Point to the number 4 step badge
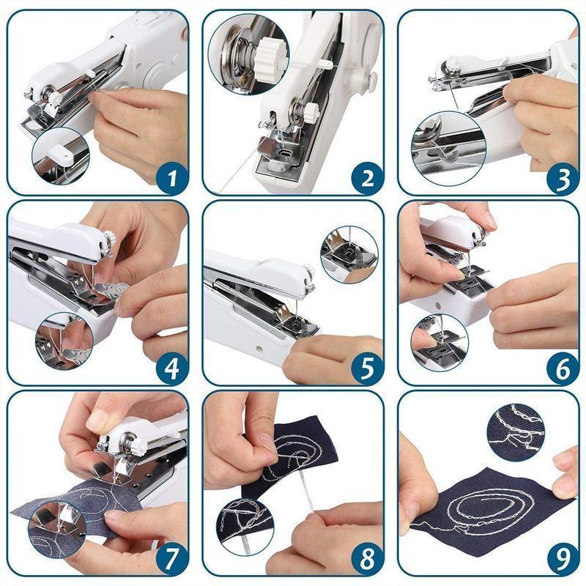(171, 368)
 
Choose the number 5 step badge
(366, 368)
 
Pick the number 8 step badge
(366, 560)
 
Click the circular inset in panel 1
(60, 155)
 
